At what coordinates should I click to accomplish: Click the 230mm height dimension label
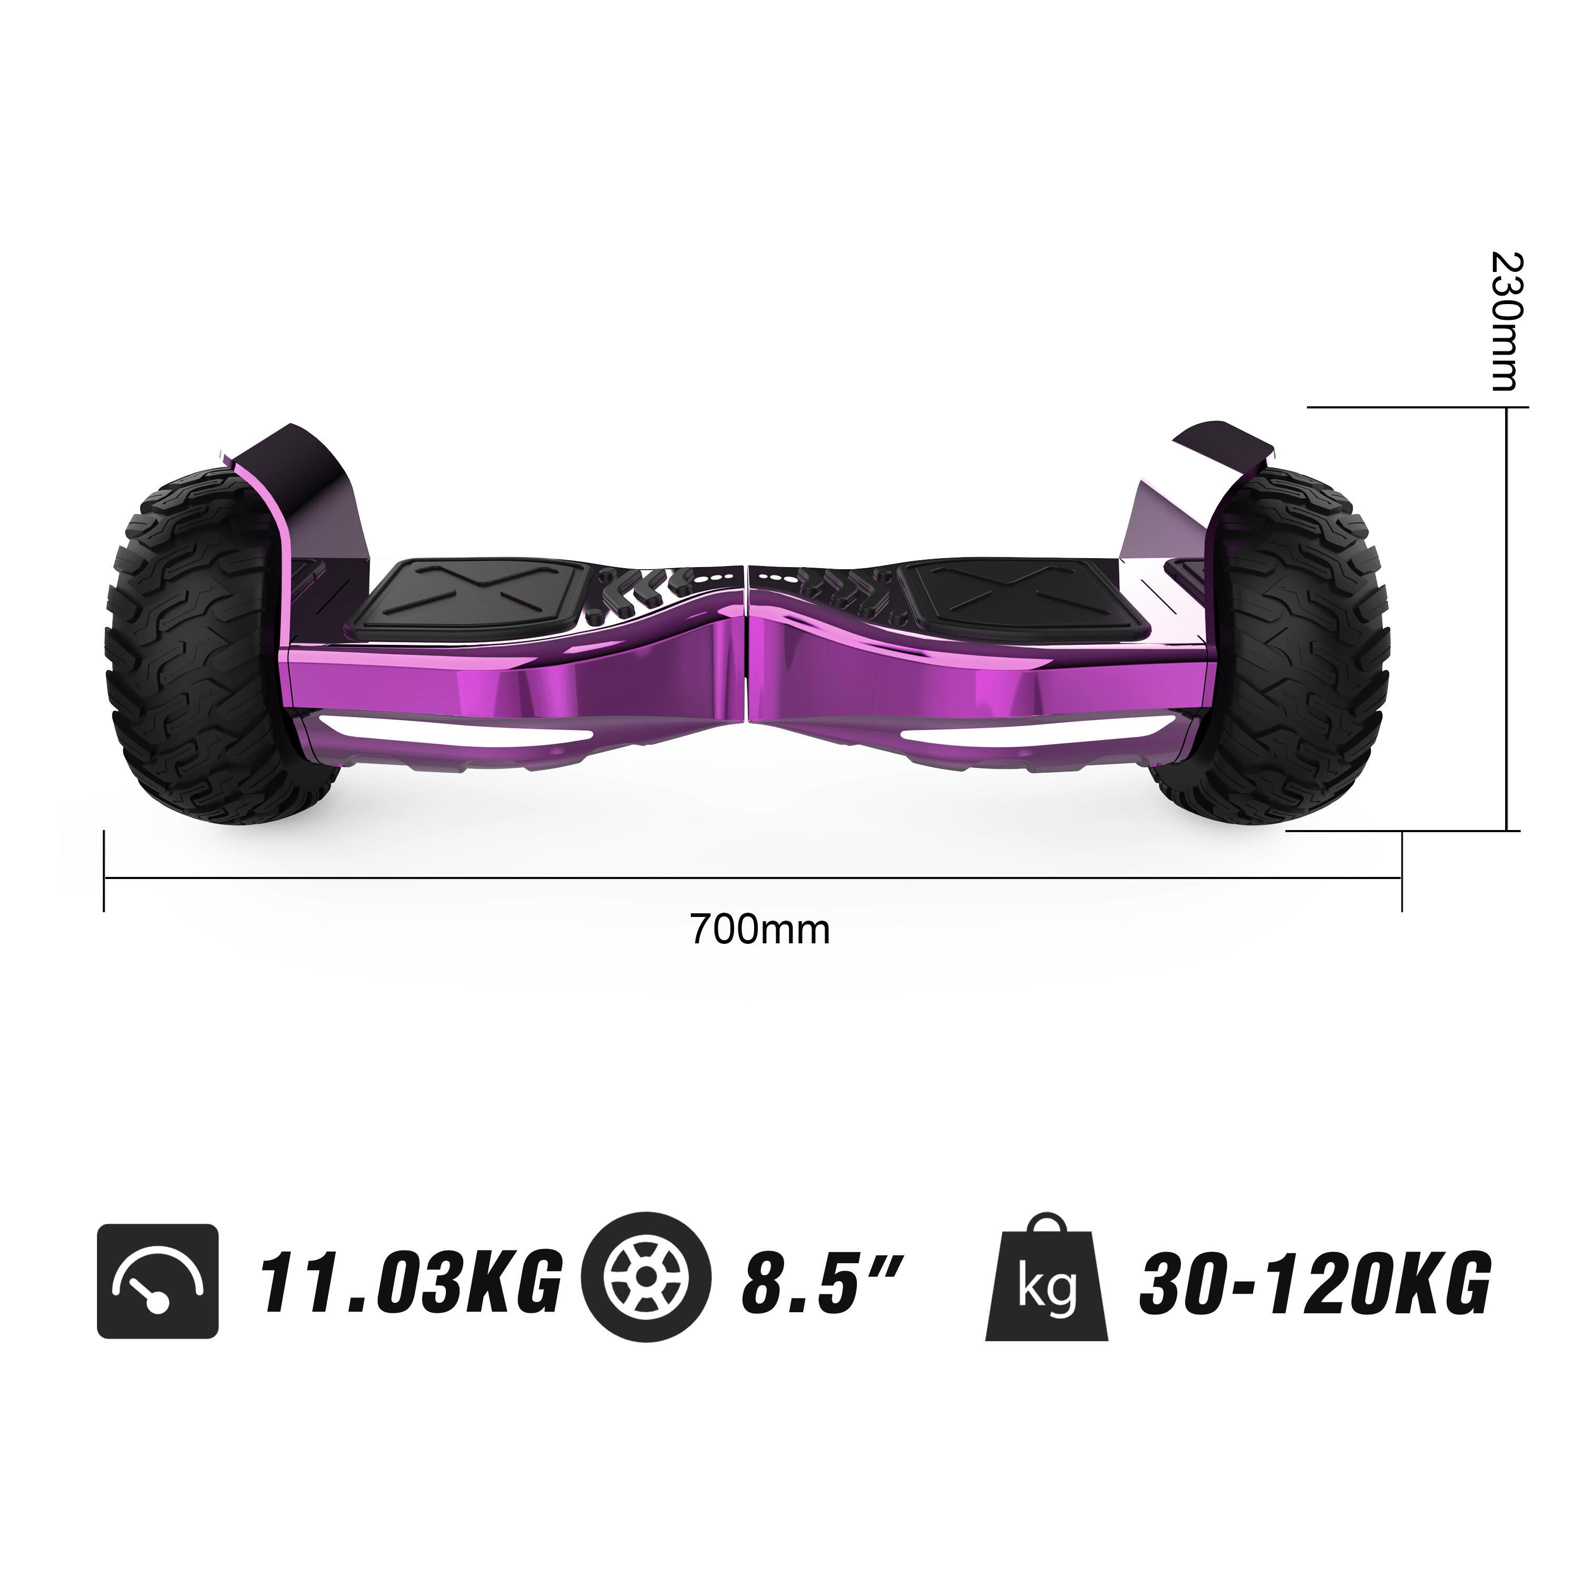1505,321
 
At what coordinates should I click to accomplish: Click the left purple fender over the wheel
311,491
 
